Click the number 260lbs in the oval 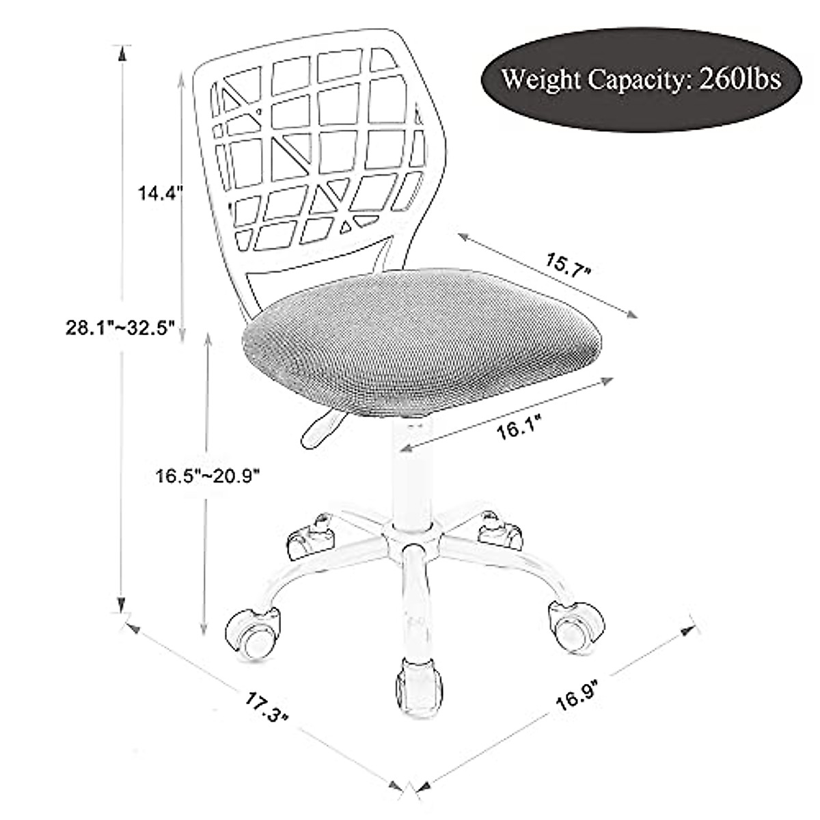pos(741,79)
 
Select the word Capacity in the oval pos(637,81)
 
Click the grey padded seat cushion pos(422,342)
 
